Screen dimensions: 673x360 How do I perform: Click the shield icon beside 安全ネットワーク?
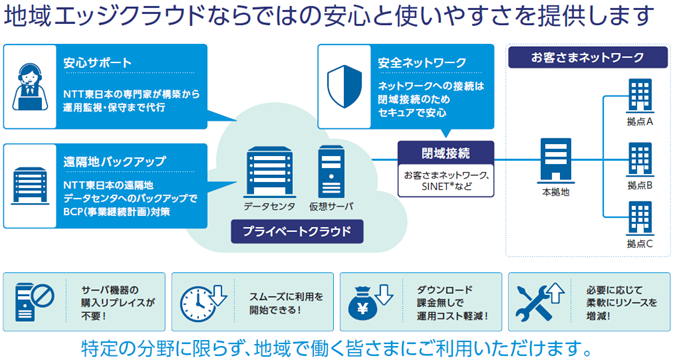344,86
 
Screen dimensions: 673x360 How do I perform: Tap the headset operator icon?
30,87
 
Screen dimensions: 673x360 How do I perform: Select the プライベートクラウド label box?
297,232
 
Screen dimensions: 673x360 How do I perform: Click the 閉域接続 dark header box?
446,153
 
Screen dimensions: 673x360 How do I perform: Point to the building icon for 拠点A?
640,96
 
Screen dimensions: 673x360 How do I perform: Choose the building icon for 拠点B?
640,160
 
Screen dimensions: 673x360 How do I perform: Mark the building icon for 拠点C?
640,218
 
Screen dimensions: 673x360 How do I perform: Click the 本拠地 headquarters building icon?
555,160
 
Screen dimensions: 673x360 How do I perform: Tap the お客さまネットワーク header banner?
588,57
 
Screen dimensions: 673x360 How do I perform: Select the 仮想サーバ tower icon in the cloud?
331,172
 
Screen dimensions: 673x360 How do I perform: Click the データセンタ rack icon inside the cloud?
270,172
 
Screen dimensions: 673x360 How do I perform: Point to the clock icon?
198,304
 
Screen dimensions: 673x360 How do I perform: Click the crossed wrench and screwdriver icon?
534,303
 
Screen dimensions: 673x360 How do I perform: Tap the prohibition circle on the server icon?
43,296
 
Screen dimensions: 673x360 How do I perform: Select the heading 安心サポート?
97,63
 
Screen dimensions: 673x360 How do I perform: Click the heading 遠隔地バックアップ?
114,162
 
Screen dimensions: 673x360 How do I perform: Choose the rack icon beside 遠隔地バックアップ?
30,186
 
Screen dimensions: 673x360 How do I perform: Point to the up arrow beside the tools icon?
556,293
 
